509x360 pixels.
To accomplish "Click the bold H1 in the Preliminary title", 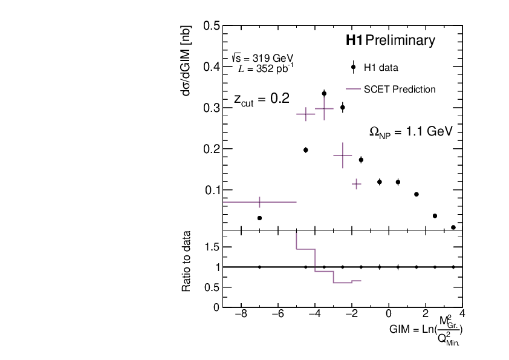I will pos(354,41).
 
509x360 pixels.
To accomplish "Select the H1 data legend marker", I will pos(353,67).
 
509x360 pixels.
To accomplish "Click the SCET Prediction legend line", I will pos(353,90).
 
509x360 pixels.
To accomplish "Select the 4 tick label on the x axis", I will pos(462,314).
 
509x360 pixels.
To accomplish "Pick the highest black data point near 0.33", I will pos(324,94).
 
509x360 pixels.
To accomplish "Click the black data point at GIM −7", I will pos(259,218).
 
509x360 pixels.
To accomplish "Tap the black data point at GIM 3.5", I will pos(453,227).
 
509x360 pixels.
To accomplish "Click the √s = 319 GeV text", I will pos(262,58).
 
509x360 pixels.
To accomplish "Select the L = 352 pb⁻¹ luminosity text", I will pos(266,68).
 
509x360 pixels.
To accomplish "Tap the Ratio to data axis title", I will pos(187,261).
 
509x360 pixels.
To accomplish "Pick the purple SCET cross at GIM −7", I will pos(259,202).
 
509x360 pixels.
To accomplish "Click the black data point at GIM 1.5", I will pos(417,194).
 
